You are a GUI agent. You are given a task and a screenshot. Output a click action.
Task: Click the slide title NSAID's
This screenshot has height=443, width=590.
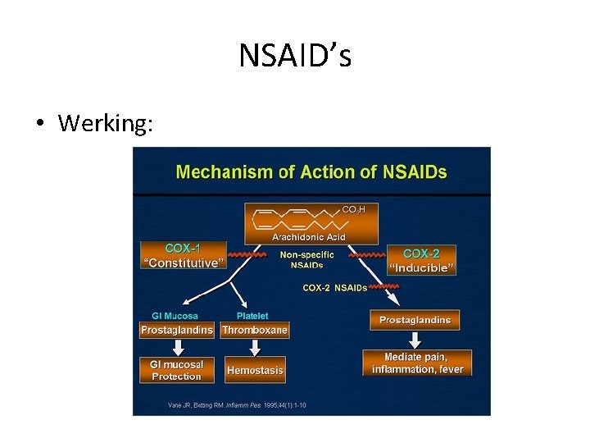295,57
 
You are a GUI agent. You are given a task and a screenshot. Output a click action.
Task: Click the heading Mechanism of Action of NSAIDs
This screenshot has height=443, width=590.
311,172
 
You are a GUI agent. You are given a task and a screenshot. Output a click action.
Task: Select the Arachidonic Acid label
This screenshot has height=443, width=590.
309,237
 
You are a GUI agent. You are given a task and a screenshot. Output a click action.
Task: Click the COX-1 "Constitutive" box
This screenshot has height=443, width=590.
184,255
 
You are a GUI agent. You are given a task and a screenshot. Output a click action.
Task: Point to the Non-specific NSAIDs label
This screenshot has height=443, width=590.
307,259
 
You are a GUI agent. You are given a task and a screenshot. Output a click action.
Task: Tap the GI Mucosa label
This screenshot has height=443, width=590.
175,316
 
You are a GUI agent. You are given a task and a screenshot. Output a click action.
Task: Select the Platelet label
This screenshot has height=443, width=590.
252,316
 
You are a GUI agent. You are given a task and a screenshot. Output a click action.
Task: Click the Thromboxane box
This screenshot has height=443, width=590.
255,330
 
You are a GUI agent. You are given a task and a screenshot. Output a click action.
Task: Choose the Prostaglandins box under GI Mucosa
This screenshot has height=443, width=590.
177,330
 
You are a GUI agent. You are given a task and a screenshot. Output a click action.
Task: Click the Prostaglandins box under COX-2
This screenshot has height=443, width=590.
415,320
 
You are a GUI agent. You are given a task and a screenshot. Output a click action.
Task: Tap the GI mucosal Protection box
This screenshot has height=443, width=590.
177,370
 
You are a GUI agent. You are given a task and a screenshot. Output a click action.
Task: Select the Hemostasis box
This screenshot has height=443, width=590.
255,370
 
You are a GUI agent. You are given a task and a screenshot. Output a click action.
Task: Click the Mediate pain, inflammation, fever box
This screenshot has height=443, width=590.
417,363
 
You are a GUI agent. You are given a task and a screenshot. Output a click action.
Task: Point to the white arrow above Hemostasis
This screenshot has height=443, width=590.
255,348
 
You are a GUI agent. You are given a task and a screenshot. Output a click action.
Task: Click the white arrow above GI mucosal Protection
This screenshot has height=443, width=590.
177,347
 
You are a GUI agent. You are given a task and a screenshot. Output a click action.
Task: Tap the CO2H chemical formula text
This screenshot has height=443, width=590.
354,210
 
